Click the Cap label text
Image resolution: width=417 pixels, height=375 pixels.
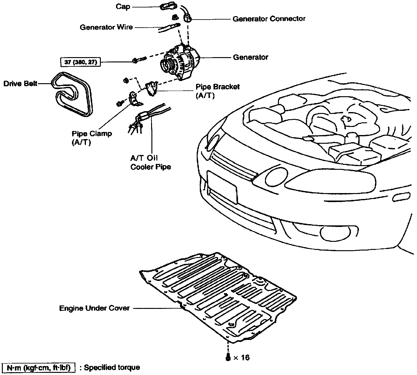click(x=123, y=7)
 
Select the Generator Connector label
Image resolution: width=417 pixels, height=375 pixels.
click(x=269, y=19)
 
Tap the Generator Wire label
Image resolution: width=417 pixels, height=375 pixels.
click(x=106, y=27)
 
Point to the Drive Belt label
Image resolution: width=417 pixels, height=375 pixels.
click(x=20, y=84)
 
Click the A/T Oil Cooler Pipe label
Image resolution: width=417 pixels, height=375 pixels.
click(x=150, y=162)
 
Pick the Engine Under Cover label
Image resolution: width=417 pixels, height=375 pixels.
click(x=94, y=309)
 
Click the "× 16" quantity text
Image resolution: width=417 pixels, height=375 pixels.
click(x=241, y=358)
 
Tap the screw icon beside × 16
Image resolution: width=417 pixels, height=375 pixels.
click(x=228, y=357)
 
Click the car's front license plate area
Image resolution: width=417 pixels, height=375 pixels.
click(x=222, y=187)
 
